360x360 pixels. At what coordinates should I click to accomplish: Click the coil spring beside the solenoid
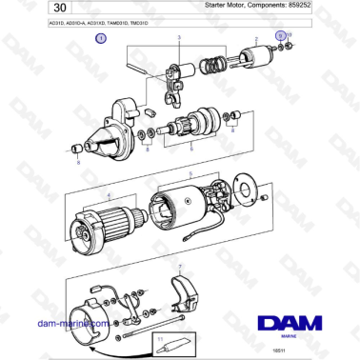[x=217, y=66]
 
